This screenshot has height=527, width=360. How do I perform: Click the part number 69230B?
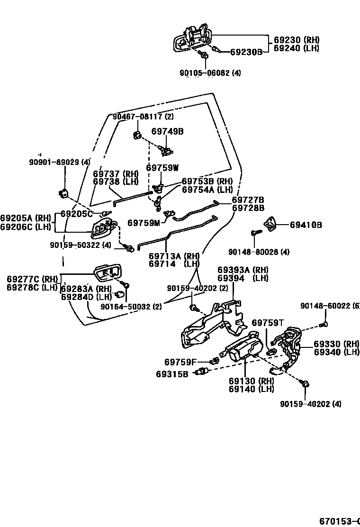click(246, 52)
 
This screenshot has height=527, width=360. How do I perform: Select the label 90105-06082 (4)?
click(210, 73)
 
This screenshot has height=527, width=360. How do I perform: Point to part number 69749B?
click(167, 131)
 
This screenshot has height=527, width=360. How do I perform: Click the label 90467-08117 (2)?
click(143, 117)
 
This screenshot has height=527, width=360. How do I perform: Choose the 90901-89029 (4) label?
click(60, 162)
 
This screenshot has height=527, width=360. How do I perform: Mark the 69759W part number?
click(162, 167)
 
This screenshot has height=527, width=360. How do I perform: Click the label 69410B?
click(306, 225)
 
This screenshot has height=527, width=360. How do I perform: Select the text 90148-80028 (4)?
click(265, 252)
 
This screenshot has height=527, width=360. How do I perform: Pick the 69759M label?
click(144, 222)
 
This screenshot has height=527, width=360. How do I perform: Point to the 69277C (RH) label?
click(32, 279)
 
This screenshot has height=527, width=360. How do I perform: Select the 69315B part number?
click(172, 374)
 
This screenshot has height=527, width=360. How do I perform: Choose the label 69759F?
click(180, 362)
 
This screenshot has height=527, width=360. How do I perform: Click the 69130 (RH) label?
click(252, 381)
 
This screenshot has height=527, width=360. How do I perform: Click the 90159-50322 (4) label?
click(80, 245)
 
